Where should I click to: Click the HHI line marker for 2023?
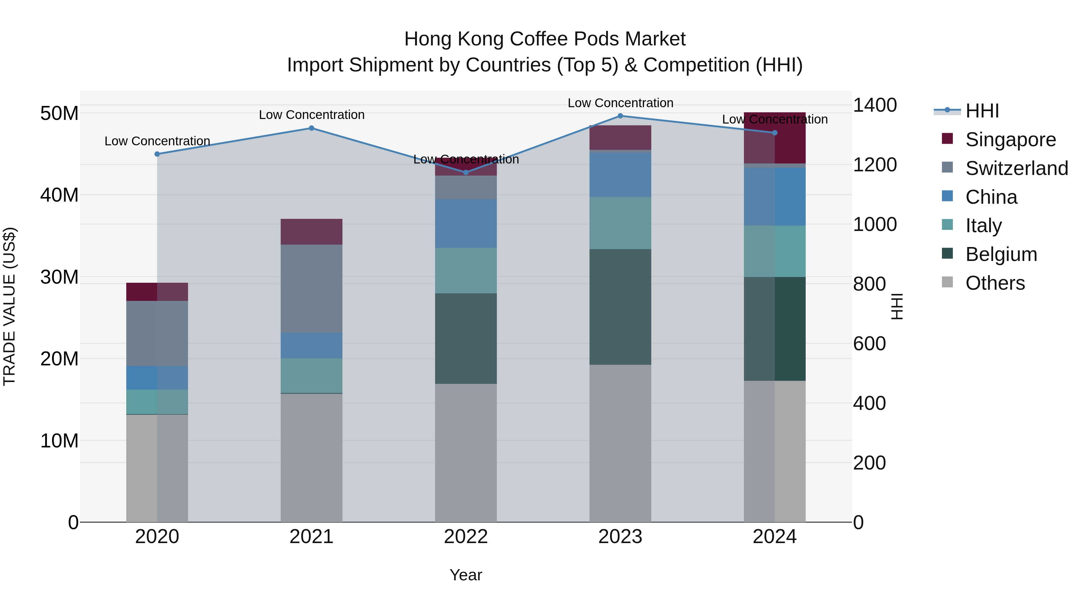tap(620, 116)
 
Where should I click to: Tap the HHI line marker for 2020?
tap(157, 154)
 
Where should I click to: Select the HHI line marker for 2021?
tap(312, 128)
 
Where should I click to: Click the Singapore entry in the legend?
tap(1010, 140)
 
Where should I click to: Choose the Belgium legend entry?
tap(1001, 254)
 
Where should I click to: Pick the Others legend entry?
tap(995, 283)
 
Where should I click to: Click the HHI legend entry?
tap(982, 111)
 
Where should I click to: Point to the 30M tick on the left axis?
tap(59, 277)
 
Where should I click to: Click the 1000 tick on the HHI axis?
tap(875, 224)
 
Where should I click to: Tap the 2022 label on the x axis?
tap(466, 537)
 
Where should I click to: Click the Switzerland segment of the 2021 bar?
tap(312, 288)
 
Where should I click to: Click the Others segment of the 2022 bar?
tap(466, 453)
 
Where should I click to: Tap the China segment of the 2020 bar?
tap(157, 378)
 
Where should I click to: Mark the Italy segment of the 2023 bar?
tap(620, 223)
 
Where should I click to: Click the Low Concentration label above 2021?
tap(312, 115)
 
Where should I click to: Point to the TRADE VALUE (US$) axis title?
tap(9, 307)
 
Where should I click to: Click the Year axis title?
tap(466, 575)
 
